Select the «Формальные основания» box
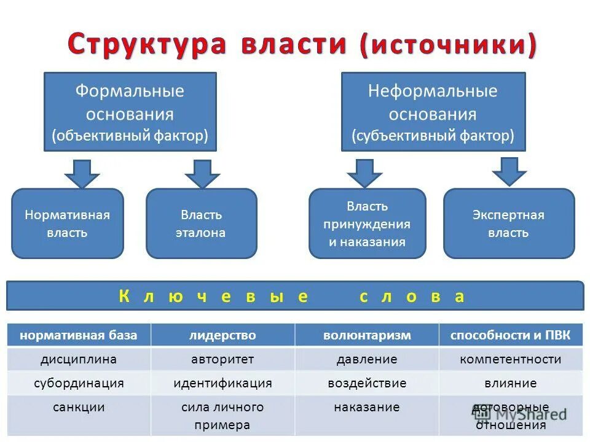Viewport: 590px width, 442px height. coord(130,112)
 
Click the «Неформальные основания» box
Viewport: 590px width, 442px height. coord(433,112)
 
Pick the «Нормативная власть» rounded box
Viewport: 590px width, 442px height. coord(68,223)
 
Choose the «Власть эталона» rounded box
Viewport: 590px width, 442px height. coord(201,223)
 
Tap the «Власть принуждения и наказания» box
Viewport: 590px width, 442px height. coord(367,223)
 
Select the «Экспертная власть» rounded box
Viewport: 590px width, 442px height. coord(508,223)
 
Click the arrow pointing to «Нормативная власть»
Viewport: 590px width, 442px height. coord(82,174)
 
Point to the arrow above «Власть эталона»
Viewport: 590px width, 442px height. coord(202,174)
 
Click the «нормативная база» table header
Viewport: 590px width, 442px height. coord(79,335)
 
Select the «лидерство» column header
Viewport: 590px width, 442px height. coord(222,335)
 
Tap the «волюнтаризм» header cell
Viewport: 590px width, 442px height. coord(367,335)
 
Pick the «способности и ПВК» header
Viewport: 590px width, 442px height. coord(510,335)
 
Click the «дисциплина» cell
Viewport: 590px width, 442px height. coord(79,359)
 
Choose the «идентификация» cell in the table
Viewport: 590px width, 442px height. coord(222,383)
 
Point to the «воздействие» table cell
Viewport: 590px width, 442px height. coord(367,383)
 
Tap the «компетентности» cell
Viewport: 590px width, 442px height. coord(510,359)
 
